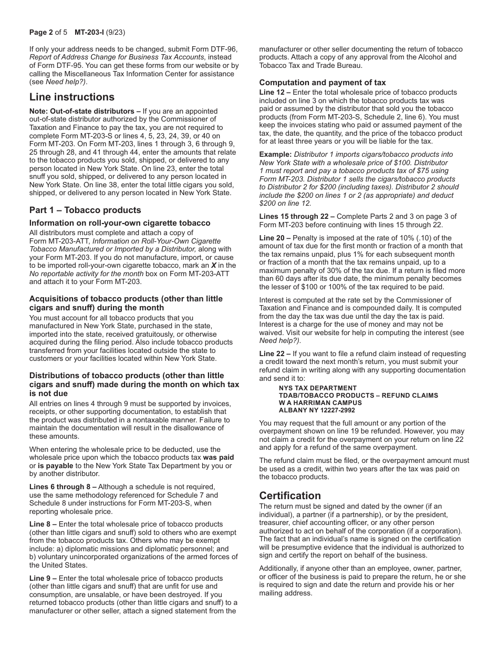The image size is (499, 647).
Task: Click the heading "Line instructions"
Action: [71, 97]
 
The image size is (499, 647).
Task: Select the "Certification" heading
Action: [290, 496]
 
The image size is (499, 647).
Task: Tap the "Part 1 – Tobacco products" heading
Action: [85, 210]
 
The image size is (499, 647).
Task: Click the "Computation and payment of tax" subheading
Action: [323, 83]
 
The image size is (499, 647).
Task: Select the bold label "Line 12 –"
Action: [276, 93]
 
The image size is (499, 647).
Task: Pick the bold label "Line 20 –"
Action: [276, 238]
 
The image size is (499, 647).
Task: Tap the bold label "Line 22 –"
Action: [276, 354]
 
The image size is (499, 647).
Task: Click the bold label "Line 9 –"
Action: [44, 578]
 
